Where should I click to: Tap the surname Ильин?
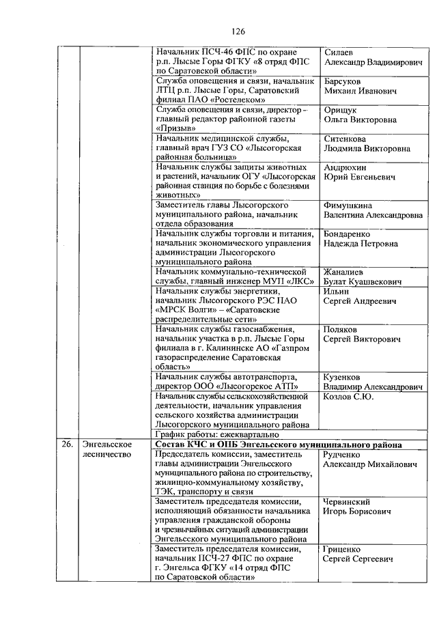(337, 291)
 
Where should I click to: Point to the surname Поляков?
(341, 329)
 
